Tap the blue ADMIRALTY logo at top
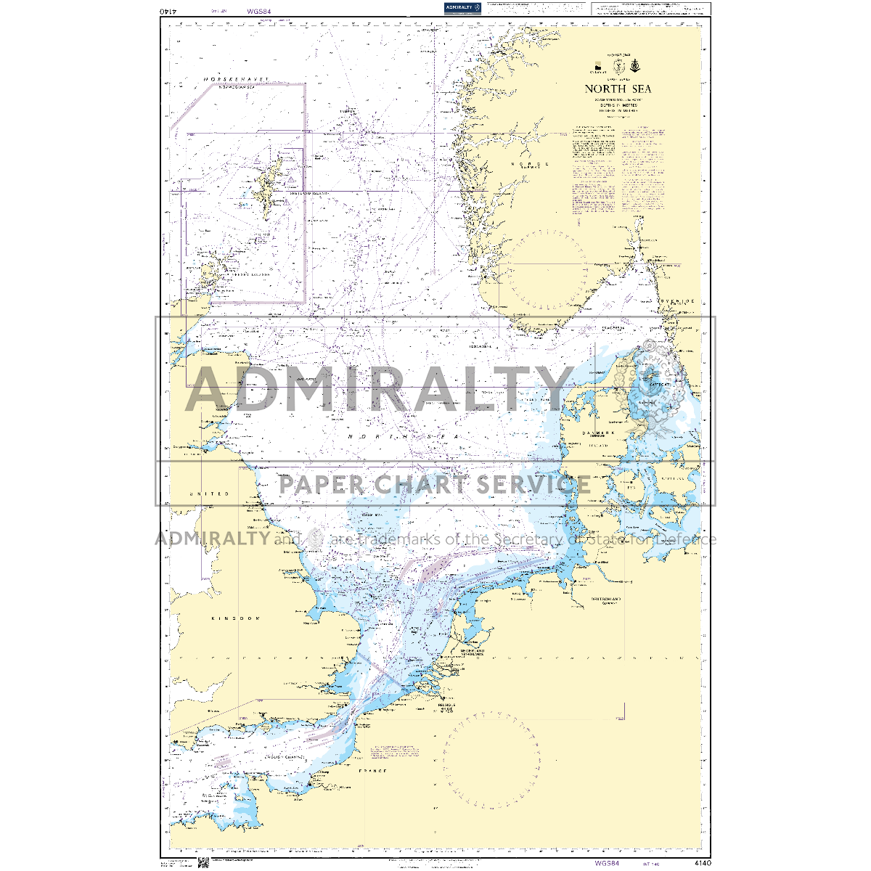tap(462, 8)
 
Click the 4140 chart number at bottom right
tap(702, 863)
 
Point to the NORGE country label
tap(531, 164)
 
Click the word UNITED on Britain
tap(209, 494)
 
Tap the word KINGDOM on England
tap(234, 618)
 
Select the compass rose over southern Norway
tap(547, 269)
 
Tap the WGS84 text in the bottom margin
tap(606, 863)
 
